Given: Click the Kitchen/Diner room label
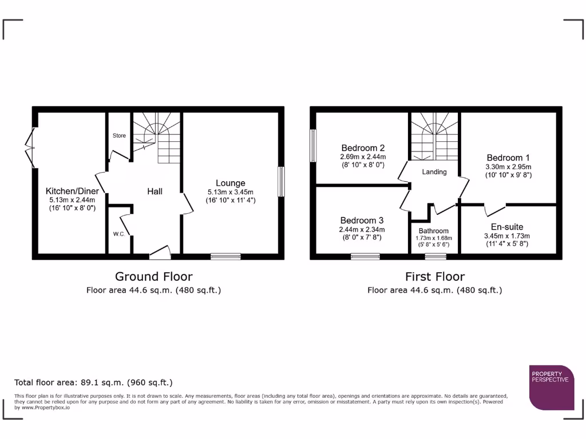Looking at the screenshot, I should point(72,191).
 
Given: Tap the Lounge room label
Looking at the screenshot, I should point(230,183).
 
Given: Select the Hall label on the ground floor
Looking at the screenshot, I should point(155,191).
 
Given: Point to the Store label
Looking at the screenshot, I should point(119,135).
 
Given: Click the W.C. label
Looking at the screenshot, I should point(118,234).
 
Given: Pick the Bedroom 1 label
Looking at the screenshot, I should point(504,158).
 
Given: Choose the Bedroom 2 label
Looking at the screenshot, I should point(362,146).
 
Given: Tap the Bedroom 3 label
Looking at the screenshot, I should point(362,220).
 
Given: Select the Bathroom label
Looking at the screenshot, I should point(433,231).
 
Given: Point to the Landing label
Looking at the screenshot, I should point(434,171).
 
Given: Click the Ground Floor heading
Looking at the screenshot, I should point(153,277).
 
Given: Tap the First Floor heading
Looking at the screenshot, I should point(434,277).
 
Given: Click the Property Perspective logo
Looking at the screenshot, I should point(551,387).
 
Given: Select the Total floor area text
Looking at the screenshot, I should point(93,382).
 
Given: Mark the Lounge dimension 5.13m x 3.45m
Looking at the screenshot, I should point(230,193).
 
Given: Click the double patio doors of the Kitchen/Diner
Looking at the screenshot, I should point(30,146).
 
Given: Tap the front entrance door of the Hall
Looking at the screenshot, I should point(160,253).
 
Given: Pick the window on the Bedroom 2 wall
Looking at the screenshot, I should point(313,146).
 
